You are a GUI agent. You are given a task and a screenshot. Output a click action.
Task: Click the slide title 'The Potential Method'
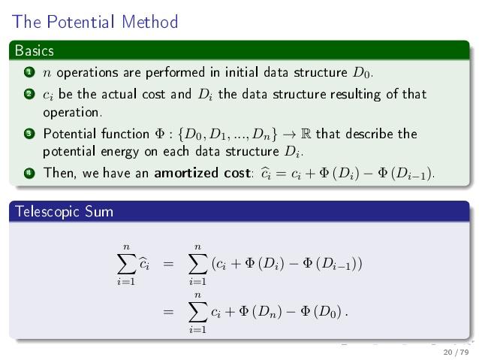tap(95, 22)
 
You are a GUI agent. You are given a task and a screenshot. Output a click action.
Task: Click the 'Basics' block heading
tap(35, 51)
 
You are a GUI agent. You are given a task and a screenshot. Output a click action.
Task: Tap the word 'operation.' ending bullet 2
tap(72, 113)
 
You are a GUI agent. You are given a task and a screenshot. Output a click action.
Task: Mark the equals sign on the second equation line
tap(169, 310)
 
